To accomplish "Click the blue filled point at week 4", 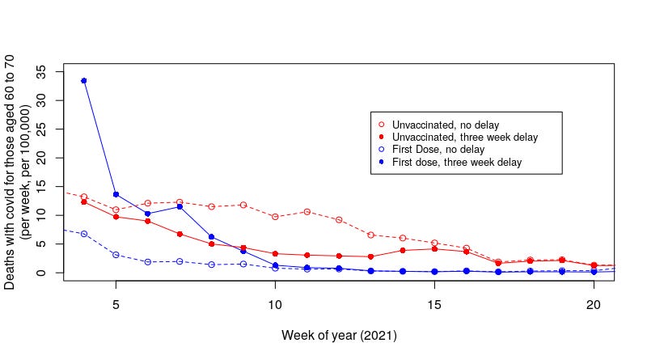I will click(84, 81).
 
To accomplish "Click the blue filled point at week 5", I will click(116, 194).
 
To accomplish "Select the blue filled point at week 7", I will click(180, 206).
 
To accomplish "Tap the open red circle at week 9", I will click(243, 205).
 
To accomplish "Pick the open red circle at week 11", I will click(307, 212).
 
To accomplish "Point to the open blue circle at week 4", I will click(84, 234).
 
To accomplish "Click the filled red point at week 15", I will click(434, 249).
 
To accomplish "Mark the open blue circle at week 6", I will click(147, 262).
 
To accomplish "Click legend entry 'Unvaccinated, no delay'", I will click(445, 125).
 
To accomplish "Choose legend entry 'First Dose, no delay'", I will click(438, 150).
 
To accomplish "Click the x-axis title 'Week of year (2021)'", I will click(339, 334).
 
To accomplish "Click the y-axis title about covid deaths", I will click(17, 172).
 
